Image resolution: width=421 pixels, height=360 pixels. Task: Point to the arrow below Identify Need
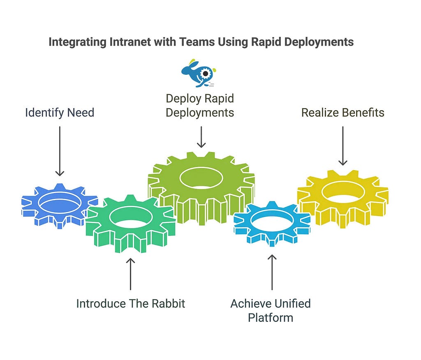point(60,151)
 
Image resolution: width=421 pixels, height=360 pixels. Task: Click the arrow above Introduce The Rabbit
point(130,274)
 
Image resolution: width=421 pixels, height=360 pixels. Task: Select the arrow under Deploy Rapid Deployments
point(201,137)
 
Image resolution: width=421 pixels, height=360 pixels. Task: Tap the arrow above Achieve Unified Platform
point(272,272)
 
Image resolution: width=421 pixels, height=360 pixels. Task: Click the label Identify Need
point(60,113)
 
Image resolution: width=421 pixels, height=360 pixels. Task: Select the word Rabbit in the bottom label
point(168,304)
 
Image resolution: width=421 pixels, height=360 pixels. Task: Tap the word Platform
point(271,318)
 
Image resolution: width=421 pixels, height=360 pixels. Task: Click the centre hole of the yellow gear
point(343,192)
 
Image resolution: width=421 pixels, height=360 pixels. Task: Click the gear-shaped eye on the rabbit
point(206,73)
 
